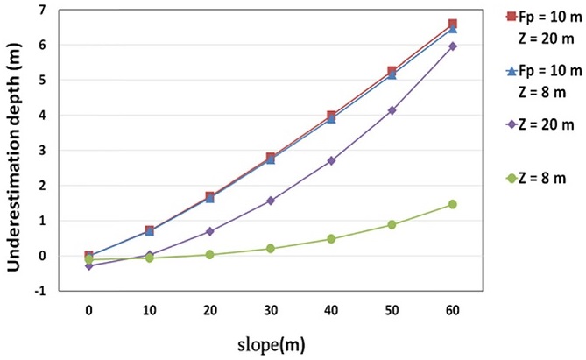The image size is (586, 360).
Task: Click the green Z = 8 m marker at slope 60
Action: (453, 204)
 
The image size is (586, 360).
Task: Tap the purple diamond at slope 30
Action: (271, 201)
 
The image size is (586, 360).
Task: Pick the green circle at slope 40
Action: (331, 239)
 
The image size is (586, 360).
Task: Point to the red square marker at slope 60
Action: (453, 24)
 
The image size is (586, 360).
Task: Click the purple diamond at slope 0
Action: (88, 265)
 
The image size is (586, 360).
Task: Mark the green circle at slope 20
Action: (210, 255)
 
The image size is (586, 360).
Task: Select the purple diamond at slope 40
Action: (331, 161)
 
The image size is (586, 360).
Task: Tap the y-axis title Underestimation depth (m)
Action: (16, 147)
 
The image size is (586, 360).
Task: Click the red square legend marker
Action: (510, 16)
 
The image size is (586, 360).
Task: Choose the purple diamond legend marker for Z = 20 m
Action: (510, 124)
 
